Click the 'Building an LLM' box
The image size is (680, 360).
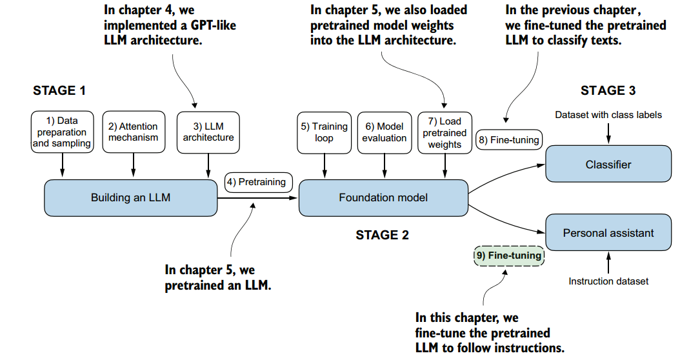(x=130, y=197)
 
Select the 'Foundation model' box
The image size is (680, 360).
(x=383, y=197)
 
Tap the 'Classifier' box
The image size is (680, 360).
(x=608, y=165)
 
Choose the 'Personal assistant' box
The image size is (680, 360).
(x=608, y=233)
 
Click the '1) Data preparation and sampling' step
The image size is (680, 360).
(x=62, y=132)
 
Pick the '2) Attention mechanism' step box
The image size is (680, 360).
(x=133, y=132)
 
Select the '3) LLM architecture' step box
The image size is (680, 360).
(x=208, y=132)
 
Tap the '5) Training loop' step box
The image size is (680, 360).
(x=324, y=132)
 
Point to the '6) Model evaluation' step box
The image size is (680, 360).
(x=385, y=132)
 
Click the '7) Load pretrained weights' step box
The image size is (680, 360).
(x=445, y=133)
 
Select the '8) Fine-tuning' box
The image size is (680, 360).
(x=508, y=139)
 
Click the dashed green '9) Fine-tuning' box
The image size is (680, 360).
(x=508, y=255)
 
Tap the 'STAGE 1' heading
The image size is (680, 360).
(x=59, y=90)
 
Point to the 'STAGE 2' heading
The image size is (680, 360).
(x=382, y=235)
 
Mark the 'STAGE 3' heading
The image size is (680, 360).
(x=607, y=90)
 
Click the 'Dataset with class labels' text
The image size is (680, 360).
(x=608, y=115)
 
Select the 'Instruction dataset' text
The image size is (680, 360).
(x=608, y=281)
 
